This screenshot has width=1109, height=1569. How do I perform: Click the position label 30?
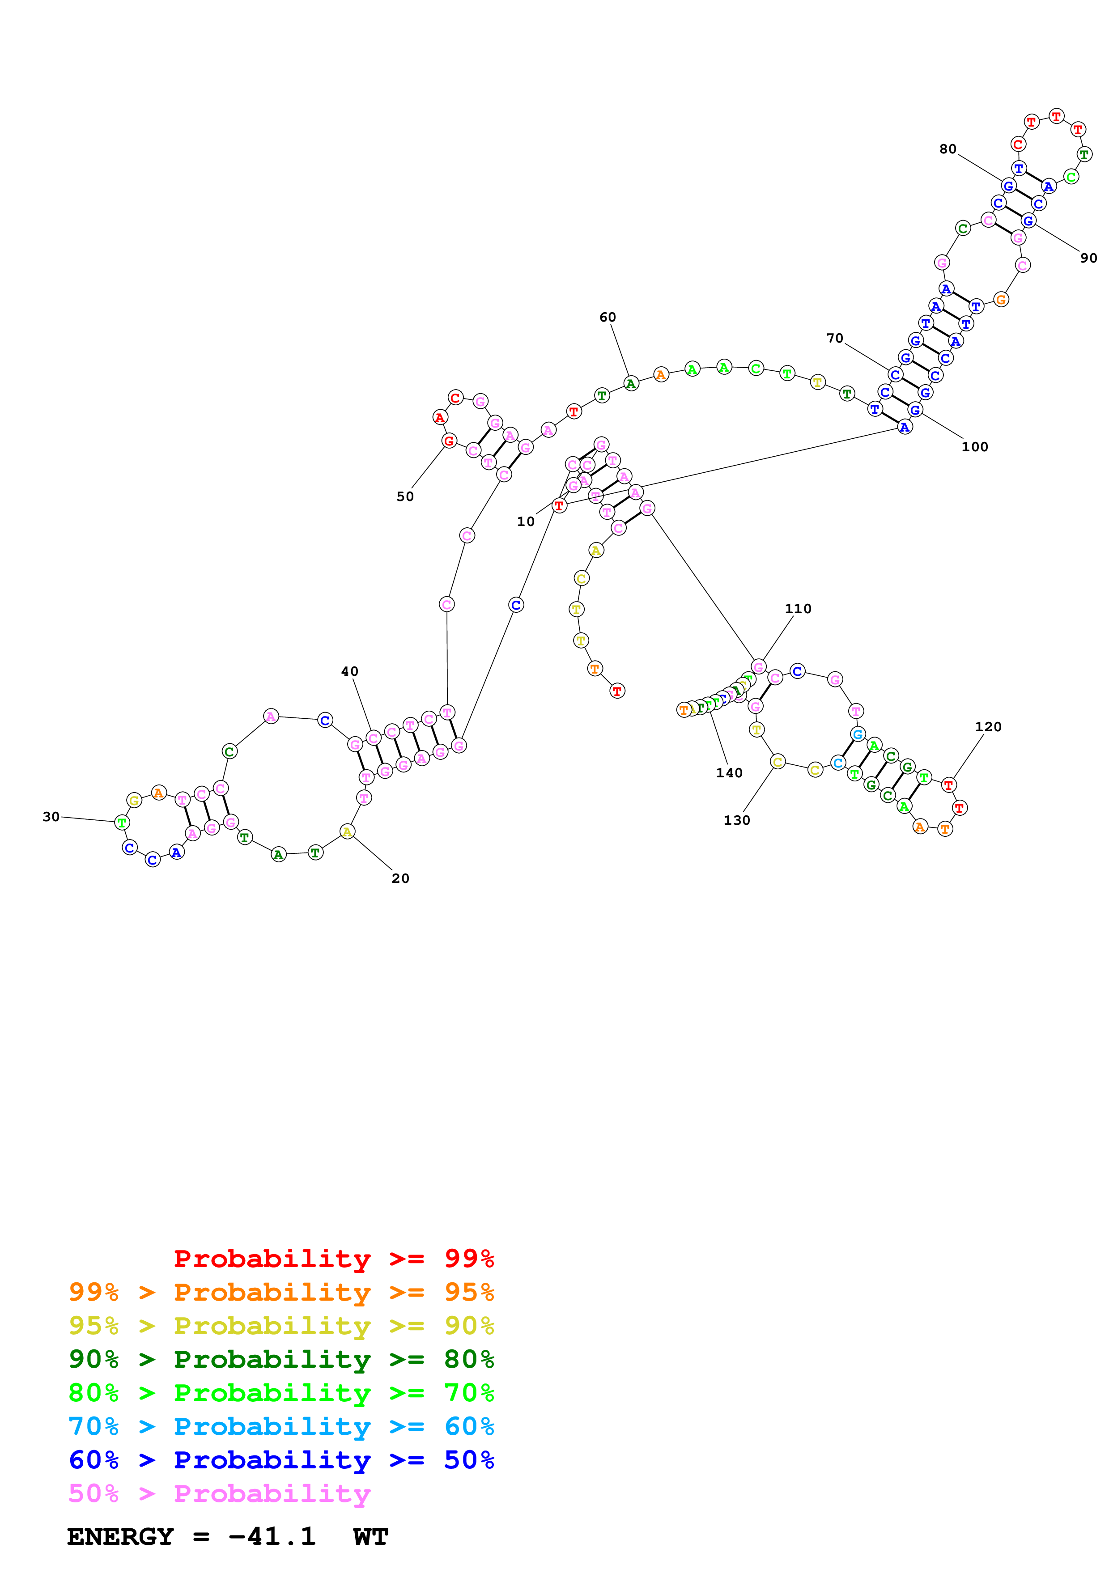coord(51,817)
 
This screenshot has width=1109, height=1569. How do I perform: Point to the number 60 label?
coord(608,317)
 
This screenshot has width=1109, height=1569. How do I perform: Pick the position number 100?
coord(974,447)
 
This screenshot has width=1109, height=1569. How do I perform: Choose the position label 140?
coord(729,773)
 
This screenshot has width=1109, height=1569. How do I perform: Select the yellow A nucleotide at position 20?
coord(347,831)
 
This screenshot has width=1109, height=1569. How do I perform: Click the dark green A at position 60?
coord(631,384)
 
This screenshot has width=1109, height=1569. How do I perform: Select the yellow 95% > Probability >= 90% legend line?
coord(281,1325)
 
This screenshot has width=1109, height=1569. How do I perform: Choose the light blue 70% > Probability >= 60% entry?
coord(281,1426)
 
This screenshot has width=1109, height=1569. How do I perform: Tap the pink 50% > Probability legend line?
coord(219,1493)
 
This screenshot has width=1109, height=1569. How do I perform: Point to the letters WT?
coord(371,1537)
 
